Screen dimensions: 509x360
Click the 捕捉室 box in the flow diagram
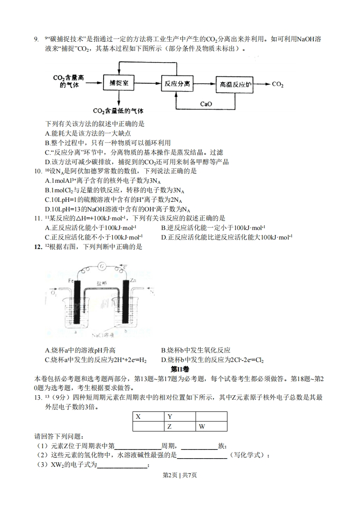(x=118, y=84)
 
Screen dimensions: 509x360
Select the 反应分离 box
(x=177, y=84)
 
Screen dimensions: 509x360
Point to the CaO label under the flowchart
(x=206, y=104)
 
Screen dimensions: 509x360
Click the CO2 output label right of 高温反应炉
(x=278, y=84)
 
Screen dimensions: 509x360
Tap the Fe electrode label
(x=71, y=281)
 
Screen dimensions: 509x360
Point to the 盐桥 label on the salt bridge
(x=101, y=283)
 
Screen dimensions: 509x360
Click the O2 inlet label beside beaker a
(x=54, y=294)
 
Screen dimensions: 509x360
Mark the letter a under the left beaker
(x=74, y=332)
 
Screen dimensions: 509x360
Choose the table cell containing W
(x=211, y=426)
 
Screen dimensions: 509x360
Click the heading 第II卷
(x=180, y=370)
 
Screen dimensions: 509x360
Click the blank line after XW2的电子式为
(x=123, y=465)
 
